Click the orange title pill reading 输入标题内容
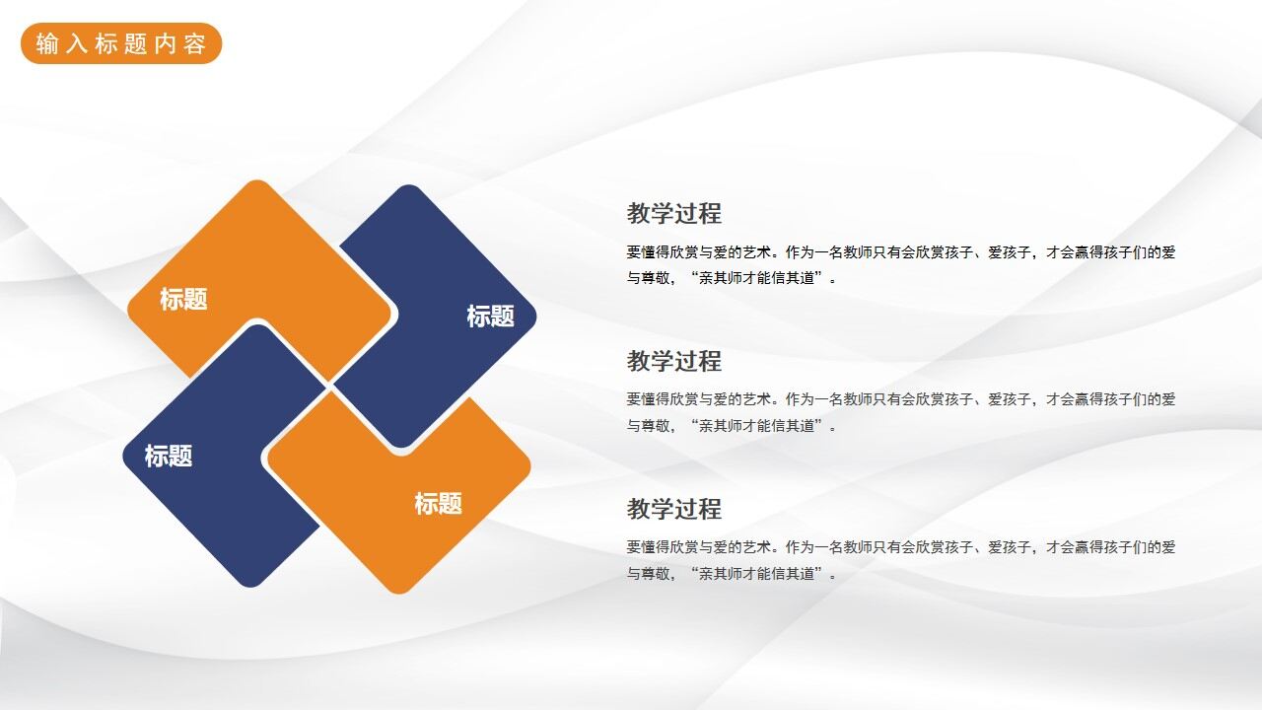point(121,43)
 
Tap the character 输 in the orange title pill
point(47,44)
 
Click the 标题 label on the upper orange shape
point(183,299)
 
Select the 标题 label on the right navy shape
point(490,317)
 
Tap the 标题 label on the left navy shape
point(169,456)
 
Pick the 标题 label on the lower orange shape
point(438,504)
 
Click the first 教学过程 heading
point(674,213)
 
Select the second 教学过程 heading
point(674,361)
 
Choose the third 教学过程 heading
point(674,509)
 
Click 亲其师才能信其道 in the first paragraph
point(758,278)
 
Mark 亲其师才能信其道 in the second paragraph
point(758,426)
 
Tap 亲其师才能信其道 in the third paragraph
point(758,573)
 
